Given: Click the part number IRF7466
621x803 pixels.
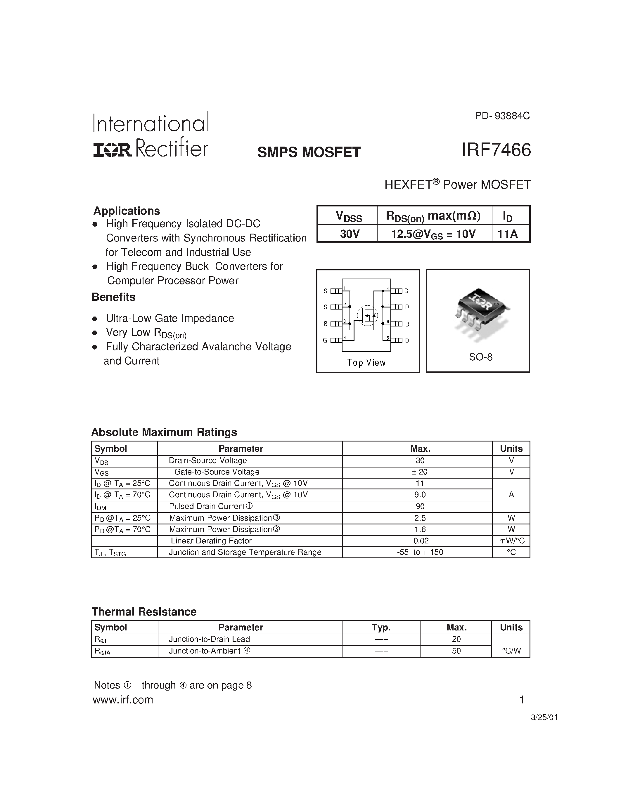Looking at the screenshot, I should coord(496,150).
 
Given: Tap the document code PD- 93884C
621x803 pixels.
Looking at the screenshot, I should coord(502,116).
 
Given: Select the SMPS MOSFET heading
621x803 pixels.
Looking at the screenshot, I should coord(309,152).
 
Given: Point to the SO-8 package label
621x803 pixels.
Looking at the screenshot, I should coord(480,357).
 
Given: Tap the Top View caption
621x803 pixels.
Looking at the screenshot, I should coord(366,363).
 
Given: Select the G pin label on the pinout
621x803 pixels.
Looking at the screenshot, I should coord(325,340).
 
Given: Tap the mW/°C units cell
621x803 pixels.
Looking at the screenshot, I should coord(511,540).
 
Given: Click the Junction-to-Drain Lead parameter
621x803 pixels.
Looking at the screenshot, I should coord(209,639).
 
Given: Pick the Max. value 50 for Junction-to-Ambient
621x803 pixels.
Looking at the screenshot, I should coord(456,650).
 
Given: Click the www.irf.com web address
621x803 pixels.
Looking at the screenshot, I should coord(123,699).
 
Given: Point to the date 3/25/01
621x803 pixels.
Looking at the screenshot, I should coord(544,717).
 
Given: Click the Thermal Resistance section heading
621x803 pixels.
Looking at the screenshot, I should coord(144,611).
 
